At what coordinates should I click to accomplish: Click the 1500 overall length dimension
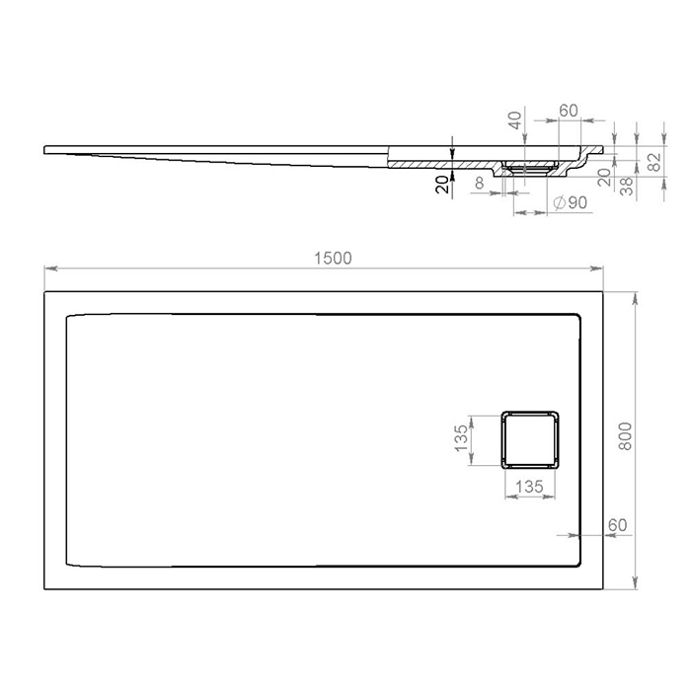[x=333, y=258]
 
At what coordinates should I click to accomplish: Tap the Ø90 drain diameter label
[x=571, y=202]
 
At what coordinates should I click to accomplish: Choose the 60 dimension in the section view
[x=568, y=111]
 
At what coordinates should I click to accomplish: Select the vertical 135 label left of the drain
[x=461, y=437]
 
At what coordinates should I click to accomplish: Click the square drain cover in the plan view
[x=531, y=437]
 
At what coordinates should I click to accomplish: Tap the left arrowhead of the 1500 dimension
[x=47, y=269]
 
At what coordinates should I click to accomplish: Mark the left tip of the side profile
[x=45, y=149]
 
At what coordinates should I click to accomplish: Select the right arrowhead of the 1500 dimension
[x=600, y=269]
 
